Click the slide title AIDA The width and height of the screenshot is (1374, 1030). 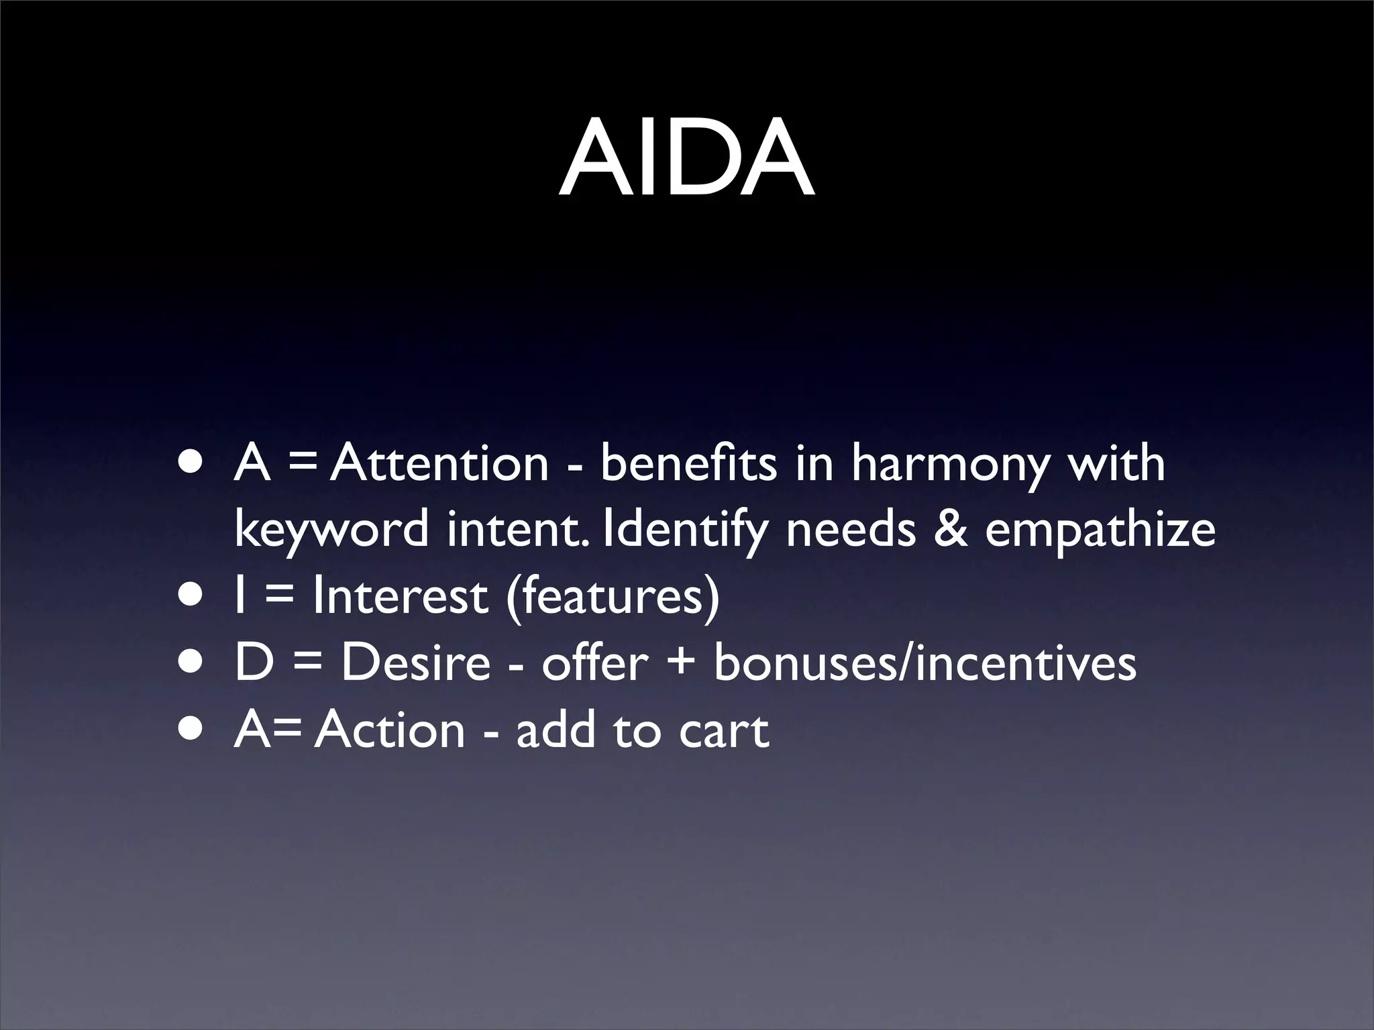click(686, 159)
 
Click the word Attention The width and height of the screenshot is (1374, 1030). click(439, 464)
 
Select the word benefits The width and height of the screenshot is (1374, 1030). click(688, 464)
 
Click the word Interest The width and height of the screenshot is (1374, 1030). click(400, 595)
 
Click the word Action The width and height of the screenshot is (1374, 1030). click(390, 730)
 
